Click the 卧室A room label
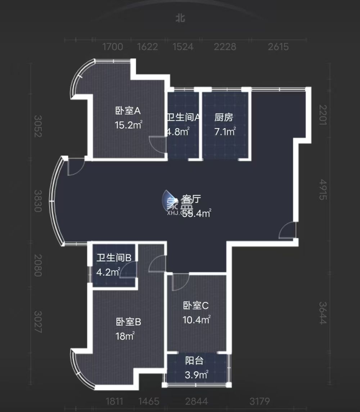128,111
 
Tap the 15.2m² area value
128,125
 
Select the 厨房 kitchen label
224,117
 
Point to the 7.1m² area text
225,131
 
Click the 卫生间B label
114,258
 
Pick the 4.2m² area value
108,272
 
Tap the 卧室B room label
128,322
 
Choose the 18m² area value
125,336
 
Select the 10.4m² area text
196,320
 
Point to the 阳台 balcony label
194,361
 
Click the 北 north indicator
180,18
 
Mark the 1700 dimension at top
113,47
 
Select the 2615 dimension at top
278,47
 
